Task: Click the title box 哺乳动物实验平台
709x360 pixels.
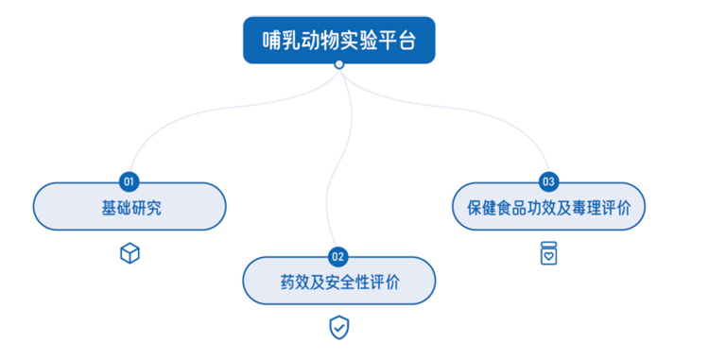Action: point(338,40)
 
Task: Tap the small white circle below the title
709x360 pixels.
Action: point(339,64)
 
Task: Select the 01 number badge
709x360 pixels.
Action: point(130,180)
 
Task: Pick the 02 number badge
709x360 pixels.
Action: point(338,255)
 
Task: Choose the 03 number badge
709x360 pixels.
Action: point(548,180)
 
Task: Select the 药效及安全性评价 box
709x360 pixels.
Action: point(338,282)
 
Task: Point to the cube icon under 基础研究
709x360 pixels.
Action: point(130,253)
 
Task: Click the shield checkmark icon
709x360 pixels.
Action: point(338,327)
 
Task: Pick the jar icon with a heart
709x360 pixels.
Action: point(548,253)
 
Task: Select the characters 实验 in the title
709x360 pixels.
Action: point(358,41)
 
